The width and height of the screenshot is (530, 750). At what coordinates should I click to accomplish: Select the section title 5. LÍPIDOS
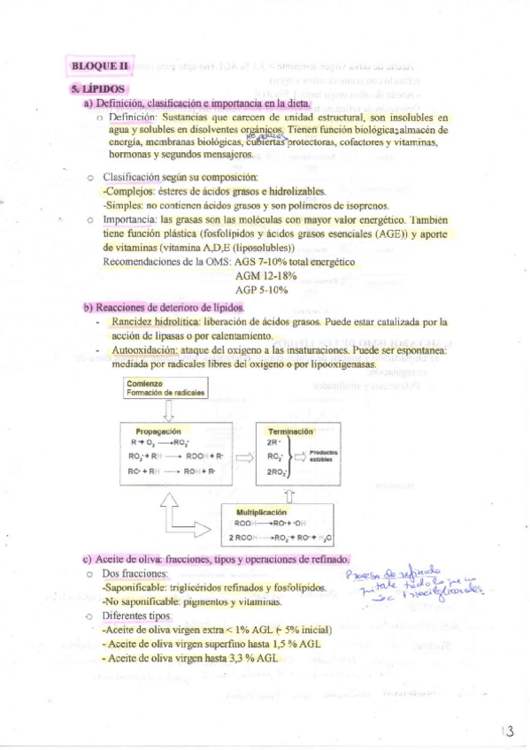pyautogui.click(x=100, y=88)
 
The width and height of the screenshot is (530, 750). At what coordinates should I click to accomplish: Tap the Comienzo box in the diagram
pyautogui.click(x=166, y=387)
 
